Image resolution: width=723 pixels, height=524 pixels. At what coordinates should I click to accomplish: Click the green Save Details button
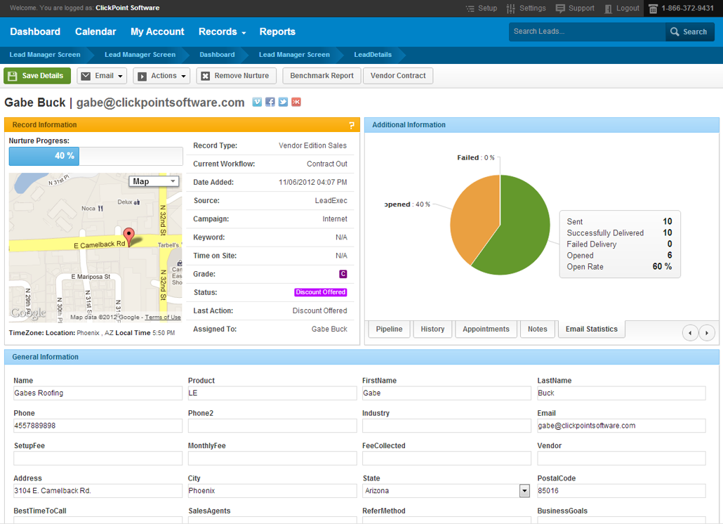(x=37, y=76)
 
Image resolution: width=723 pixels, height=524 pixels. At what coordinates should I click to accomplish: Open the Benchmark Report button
(x=322, y=76)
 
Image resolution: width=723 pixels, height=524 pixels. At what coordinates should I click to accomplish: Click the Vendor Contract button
(x=398, y=76)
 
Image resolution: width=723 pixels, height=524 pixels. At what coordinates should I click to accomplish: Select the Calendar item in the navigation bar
(x=95, y=32)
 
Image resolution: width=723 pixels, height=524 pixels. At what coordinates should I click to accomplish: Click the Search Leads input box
(x=587, y=32)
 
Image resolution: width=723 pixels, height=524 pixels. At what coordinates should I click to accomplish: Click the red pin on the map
(x=129, y=236)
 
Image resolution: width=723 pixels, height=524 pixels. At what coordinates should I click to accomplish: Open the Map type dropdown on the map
(x=154, y=181)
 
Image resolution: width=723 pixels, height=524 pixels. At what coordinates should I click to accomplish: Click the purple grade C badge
(x=343, y=274)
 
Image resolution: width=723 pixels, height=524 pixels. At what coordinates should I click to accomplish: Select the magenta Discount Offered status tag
(x=321, y=292)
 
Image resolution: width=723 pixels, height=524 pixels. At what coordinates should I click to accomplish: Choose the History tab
(x=432, y=329)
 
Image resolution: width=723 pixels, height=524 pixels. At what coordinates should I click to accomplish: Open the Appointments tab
(x=486, y=329)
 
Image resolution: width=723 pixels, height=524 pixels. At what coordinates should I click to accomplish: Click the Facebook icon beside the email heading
(x=270, y=103)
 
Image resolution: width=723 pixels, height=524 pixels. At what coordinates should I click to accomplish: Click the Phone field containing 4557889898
(x=98, y=426)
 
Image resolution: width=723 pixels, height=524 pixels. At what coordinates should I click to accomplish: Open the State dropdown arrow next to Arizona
(x=525, y=491)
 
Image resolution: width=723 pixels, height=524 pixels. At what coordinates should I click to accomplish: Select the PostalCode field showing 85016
(x=621, y=491)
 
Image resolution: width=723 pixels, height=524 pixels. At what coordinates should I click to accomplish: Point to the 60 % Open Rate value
(x=662, y=267)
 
